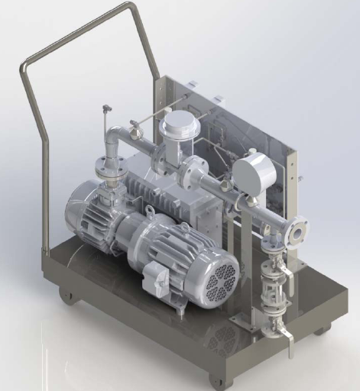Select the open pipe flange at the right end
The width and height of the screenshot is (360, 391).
pos(297,231)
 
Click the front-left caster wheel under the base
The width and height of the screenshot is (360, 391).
pos(70,294)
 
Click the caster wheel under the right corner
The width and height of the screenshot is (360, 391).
pos(322,329)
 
